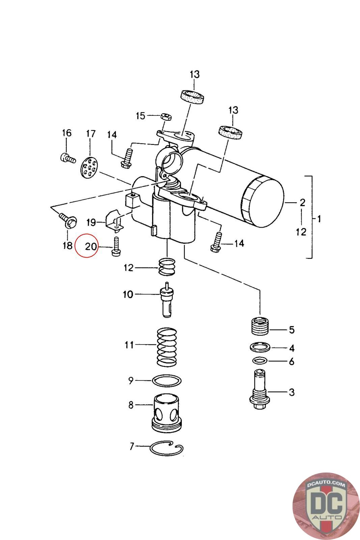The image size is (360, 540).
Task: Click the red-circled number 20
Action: click(x=91, y=246)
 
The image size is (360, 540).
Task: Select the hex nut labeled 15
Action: click(x=166, y=117)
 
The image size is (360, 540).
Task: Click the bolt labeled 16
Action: click(x=68, y=158)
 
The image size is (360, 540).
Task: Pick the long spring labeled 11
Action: click(x=167, y=347)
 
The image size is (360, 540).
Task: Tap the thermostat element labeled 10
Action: click(x=167, y=300)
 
